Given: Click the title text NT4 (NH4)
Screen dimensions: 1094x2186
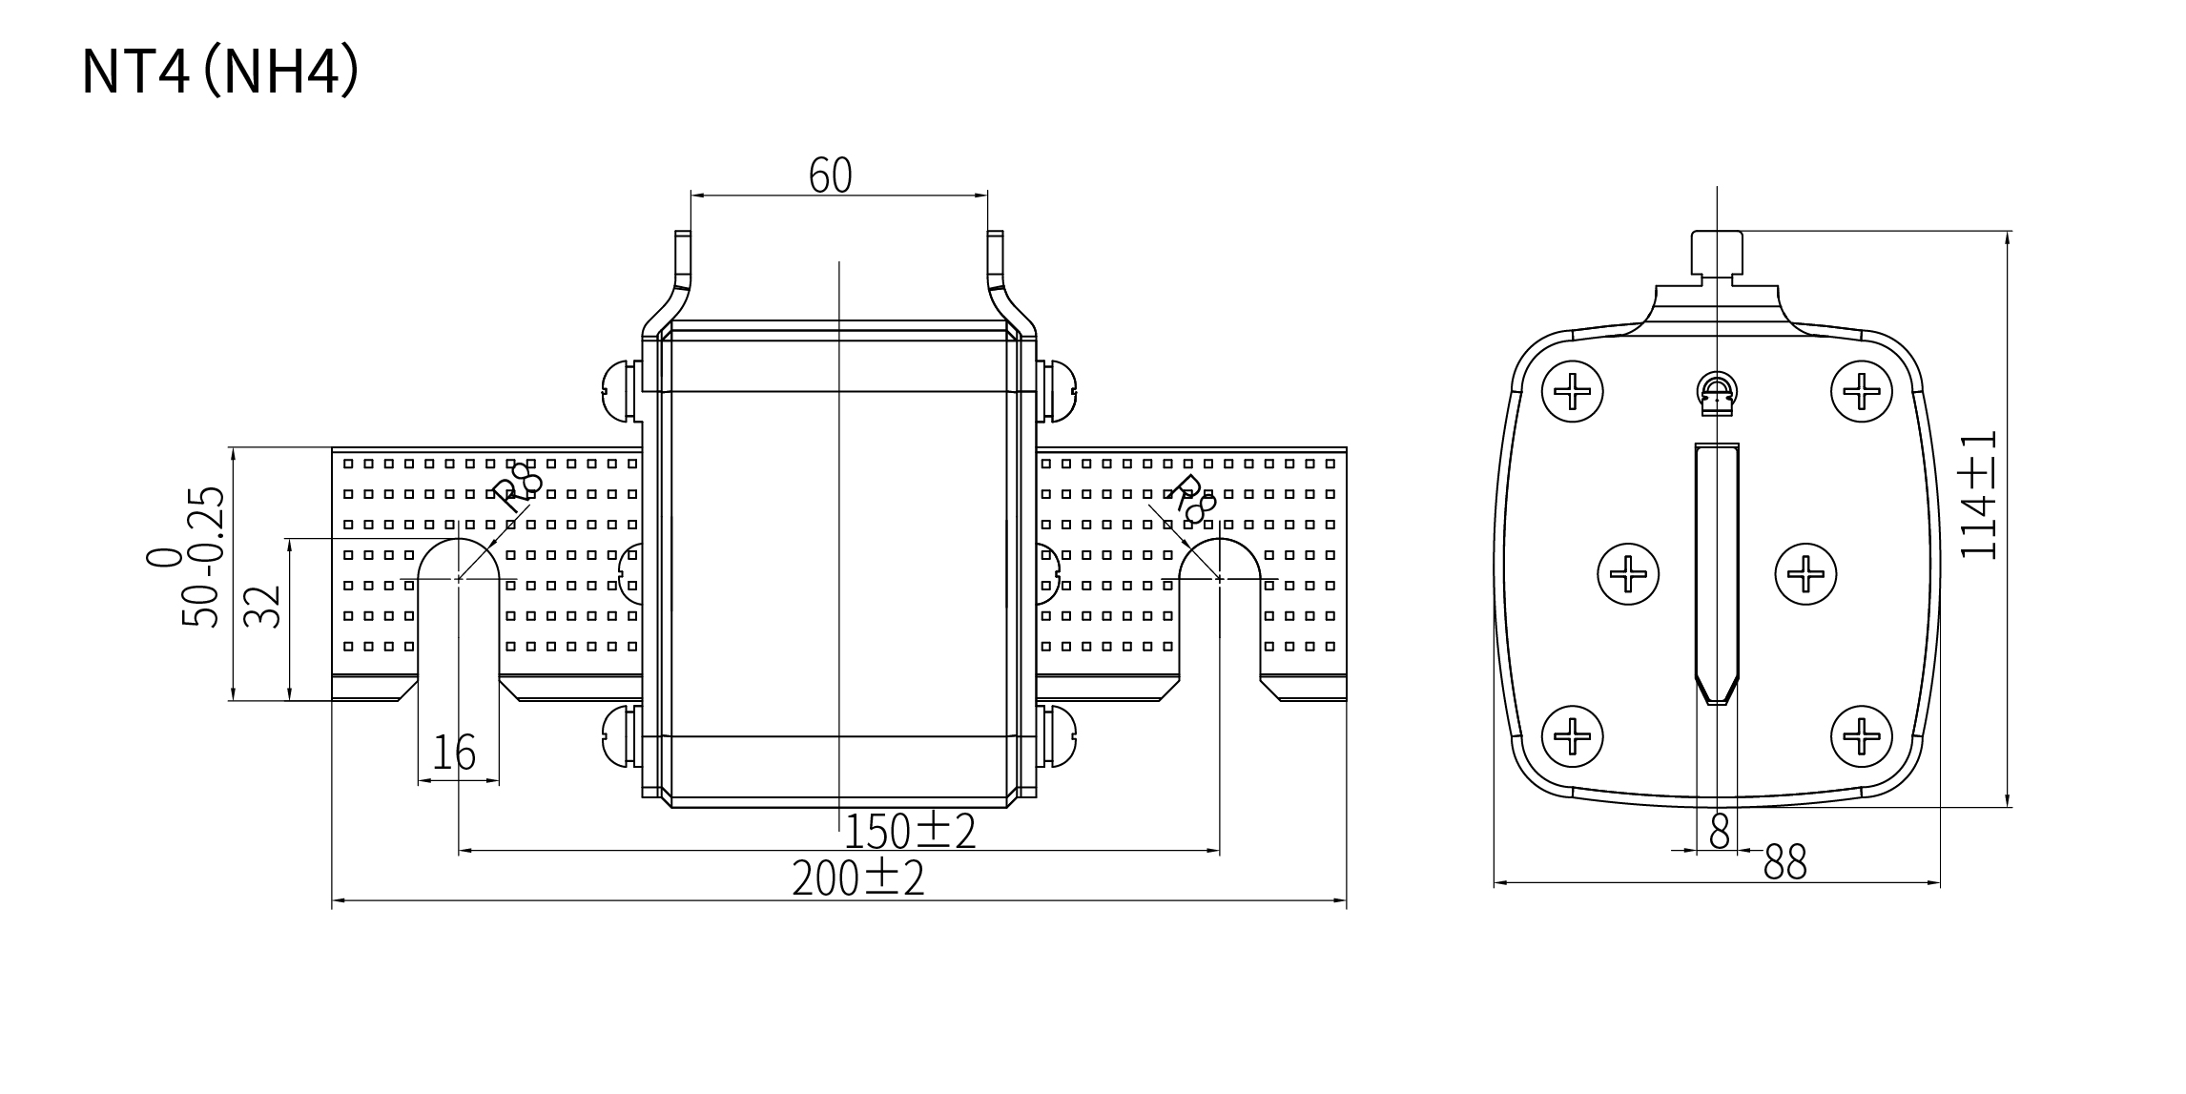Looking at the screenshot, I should (x=220, y=72).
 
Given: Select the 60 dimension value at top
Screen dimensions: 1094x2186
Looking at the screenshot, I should (x=830, y=175).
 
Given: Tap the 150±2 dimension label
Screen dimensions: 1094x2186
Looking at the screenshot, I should (x=910, y=832).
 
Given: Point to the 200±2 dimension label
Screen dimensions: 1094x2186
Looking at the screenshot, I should (x=858, y=878).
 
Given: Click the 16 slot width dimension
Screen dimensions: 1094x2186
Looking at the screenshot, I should (x=454, y=753).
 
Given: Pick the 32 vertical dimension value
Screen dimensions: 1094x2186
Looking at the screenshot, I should (x=263, y=606).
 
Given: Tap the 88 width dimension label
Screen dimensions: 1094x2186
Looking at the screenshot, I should (x=1785, y=862).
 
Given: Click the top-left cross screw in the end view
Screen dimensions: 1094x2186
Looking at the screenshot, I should (x=1572, y=391).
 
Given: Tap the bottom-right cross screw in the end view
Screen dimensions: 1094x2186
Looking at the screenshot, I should (x=1861, y=735).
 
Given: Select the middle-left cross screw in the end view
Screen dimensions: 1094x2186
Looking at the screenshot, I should (x=1628, y=574).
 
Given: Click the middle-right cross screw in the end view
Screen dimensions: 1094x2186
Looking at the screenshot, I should (x=1805, y=574).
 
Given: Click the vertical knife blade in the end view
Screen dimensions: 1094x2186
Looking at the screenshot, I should (x=1717, y=572).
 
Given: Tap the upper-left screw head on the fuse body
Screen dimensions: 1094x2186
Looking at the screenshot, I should (x=621, y=390).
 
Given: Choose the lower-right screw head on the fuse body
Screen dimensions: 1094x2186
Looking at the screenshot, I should (x=1058, y=735).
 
